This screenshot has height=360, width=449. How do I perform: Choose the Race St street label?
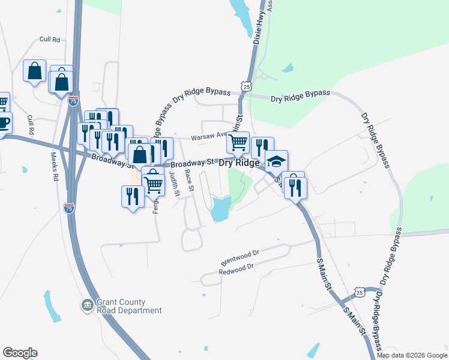188,180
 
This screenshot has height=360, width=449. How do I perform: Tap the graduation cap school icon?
276,161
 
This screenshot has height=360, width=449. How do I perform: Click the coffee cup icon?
3,123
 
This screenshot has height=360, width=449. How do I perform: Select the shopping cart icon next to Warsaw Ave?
238,143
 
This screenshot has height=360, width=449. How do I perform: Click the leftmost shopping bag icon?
35,70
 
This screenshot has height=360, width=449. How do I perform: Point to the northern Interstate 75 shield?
73,101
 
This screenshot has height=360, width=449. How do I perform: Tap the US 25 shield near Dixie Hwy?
247,86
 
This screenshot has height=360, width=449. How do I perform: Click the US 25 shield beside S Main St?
359,292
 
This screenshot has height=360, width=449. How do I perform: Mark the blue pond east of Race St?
219,209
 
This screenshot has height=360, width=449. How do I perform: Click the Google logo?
20,353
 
